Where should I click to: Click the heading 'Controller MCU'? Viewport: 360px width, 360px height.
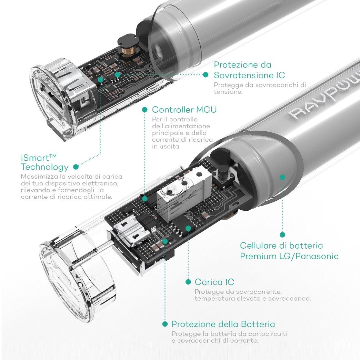click(184, 110)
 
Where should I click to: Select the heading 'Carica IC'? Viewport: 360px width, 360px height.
click(214, 282)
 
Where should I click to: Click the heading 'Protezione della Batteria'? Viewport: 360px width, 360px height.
click(223, 324)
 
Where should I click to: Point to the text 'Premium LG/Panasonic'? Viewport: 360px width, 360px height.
click(289, 256)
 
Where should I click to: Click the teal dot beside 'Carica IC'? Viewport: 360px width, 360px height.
click(188, 282)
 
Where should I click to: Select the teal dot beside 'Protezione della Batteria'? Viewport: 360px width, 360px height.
click(165, 324)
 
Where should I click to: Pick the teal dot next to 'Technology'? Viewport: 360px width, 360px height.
click(76, 167)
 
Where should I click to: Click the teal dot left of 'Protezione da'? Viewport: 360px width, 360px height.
click(206, 74)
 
